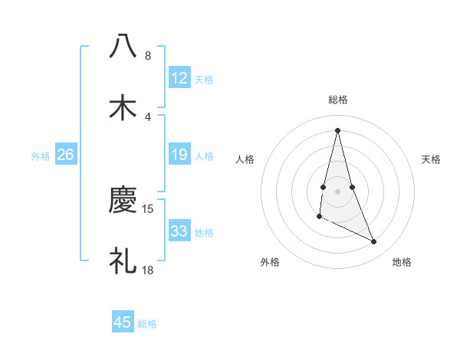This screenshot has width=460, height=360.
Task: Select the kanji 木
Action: pos(123,107)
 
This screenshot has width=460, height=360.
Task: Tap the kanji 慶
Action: pos(123,201)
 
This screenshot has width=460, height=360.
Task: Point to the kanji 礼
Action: pos(123,261)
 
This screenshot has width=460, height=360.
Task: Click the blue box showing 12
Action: pos(179,78)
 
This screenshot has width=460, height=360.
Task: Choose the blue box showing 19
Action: pos(179,155)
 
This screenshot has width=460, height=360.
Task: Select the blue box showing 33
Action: pos(179,231)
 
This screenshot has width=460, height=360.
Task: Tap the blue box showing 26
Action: pos(66,155)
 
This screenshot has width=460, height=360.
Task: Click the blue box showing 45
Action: pos(123,322)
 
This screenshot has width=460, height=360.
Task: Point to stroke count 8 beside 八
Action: pos(148,56)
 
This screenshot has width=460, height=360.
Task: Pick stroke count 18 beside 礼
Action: pos(148,270)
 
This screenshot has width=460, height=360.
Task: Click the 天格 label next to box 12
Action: pos(204,79)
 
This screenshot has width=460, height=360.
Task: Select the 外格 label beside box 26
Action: pos(41,156)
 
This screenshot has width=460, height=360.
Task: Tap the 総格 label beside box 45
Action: pos(147,324)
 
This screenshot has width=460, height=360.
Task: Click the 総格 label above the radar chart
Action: pos(338,100)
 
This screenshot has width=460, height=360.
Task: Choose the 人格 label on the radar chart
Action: pos(245,159)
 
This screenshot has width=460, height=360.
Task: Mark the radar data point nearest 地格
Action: pos(374,242)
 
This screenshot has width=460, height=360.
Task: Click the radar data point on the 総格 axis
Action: pos(338,129)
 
